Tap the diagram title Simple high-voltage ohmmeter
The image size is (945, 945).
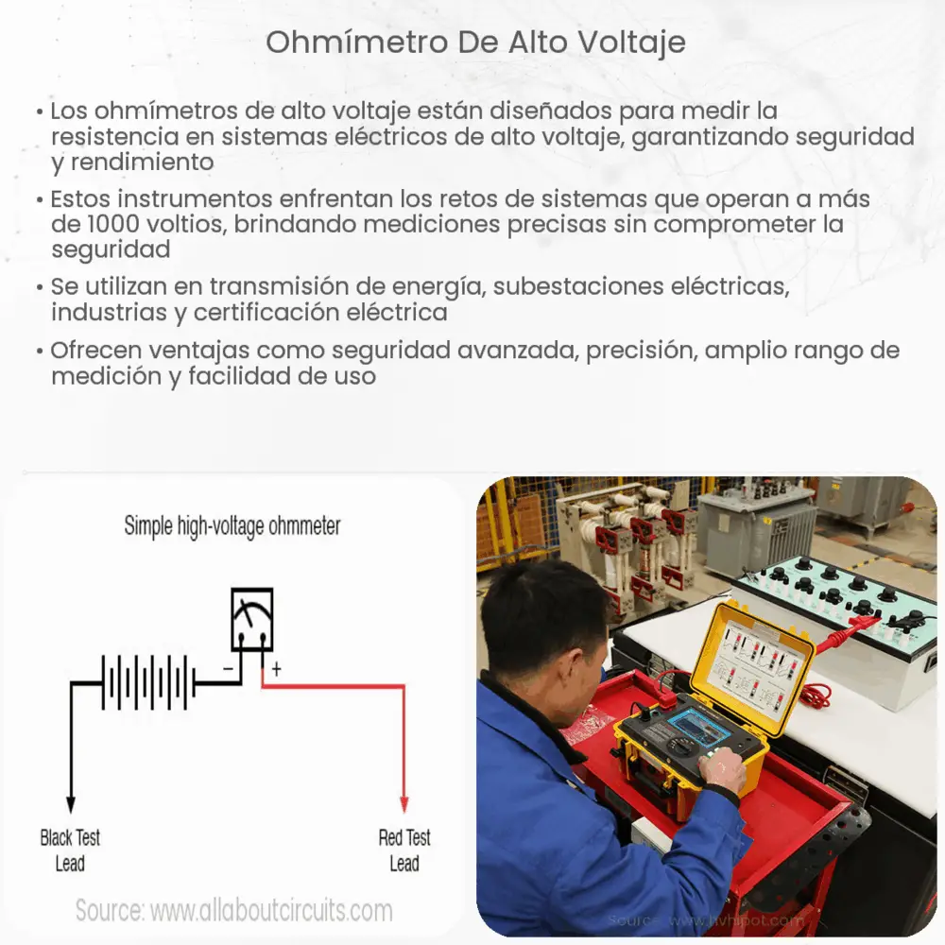click(232, 526)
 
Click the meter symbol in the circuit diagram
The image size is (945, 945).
click(252, 620)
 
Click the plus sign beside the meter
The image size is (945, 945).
click(277, 669)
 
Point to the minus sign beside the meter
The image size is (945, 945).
click(228, 669)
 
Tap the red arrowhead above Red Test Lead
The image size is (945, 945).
click(404, 803)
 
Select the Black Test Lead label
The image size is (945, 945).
click(70, 850)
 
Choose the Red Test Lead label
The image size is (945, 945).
click(404, 850)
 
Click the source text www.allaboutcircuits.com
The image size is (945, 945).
click(270, 911)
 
